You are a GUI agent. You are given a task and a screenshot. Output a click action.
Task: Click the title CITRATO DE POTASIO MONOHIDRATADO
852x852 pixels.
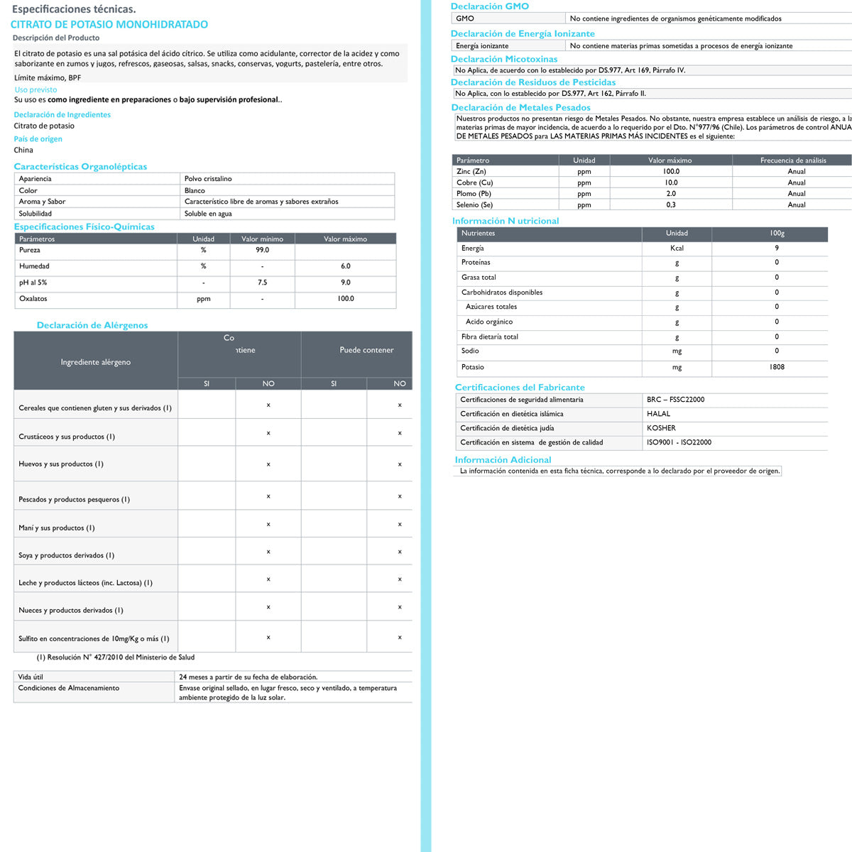pyautogui.click(x=109, y=24)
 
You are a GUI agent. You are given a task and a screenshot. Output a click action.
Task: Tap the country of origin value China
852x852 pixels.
pyautogui.click(x=23, y=150)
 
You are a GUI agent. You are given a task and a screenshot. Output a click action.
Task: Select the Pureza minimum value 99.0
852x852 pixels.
pyautogui.click(x=262, y=250)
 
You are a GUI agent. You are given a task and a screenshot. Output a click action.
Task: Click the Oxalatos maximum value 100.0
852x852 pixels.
pyautogui.click(x=345, y=299)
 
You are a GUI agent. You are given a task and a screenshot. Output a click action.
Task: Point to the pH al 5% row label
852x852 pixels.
pyautogui.click(x=33, y=283)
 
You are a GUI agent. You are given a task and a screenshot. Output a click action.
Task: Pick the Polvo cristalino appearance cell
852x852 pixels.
pyautogui.click(x=208, y=179)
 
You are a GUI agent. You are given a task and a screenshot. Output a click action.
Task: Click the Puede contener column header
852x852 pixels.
pyautogui.click(x=366, y=350)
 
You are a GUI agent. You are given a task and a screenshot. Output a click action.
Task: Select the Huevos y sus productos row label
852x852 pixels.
pyautogui.click(x=61, y=464)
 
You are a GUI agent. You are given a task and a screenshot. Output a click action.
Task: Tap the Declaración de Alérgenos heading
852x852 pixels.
pyautogui.click(x=92, y=325)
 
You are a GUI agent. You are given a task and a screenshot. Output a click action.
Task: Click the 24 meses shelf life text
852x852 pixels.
pyautogui.click(x=248, y=677)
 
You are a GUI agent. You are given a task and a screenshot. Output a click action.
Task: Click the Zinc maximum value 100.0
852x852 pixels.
pyautogui.click(x=671, y=171)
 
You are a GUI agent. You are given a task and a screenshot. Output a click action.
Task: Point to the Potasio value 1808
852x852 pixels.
pyautogui.click(x=777, y=367)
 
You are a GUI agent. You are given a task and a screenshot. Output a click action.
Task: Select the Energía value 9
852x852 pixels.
pyautogui.click(x=777, y=248)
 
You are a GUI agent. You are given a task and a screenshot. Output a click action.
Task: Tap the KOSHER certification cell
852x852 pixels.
pyautogui.click(x=661, y=428)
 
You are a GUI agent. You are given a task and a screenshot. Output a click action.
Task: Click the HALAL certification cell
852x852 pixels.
pyautogui.click(x=658, y=414)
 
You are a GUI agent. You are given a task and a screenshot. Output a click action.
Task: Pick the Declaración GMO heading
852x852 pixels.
pyautogui.click(x=489, y=6)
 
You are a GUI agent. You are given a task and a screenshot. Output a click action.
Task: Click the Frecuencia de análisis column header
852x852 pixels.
pyautogui.click(x=793, y=160)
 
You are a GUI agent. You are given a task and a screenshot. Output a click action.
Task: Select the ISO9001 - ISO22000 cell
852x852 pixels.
pyautogui.click(x=679, y=442)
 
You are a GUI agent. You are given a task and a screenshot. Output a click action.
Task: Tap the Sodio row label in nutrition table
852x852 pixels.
pyautogui.click(x=470, y=351)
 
